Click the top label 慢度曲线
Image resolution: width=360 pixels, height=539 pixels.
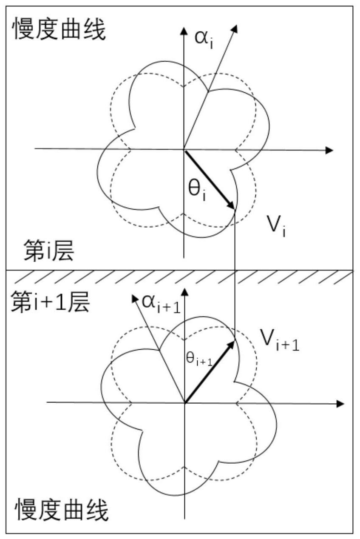[x=59, y=30]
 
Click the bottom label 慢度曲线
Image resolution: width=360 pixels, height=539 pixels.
[x=62, y=510]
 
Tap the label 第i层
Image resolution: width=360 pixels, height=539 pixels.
[x=49, y=250]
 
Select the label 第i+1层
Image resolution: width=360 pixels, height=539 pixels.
[x=51, y=302]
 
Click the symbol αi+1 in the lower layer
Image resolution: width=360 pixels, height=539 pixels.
[x=161, y=304]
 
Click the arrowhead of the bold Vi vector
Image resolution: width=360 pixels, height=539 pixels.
[x=231, y=205]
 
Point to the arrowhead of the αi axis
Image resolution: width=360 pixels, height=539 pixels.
[x=235, y=28]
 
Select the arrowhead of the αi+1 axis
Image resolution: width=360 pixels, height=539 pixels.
[x=134, y=299]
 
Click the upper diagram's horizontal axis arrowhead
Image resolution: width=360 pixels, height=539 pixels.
[x=329, y=151]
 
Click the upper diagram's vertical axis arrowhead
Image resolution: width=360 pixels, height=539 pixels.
[x=184, y=31]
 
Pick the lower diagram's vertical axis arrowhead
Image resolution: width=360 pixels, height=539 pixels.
[x=185, y=292]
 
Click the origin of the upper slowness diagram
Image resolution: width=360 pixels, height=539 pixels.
[x=184, y=150]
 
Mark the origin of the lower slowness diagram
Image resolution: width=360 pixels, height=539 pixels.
[x=185, y=402]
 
